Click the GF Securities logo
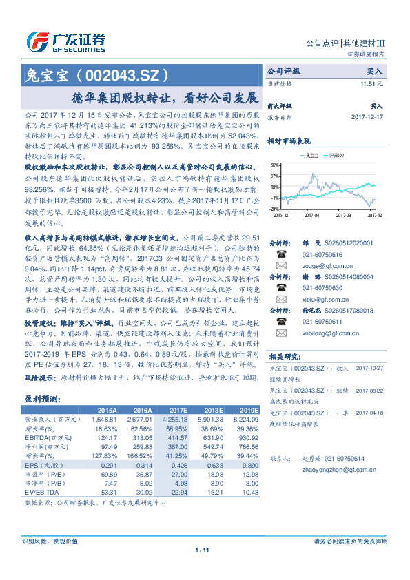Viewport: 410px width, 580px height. pyautogui.click(x=66, y=39)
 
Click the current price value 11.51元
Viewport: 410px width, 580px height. pyautogui.click(x=370, y=83)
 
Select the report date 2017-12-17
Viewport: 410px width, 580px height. pyautogui.click(x=366, y=117)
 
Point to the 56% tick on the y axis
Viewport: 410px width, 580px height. pyautogui.click(x=274, y=165)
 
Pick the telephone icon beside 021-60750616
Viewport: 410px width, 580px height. pyautogui.click(x=280, y=253)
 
